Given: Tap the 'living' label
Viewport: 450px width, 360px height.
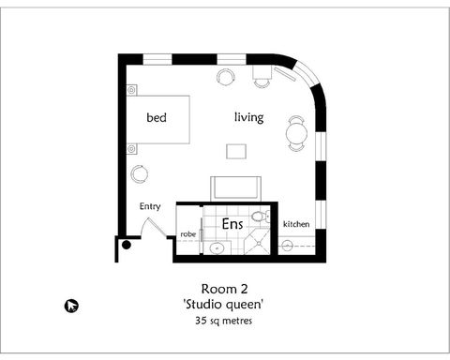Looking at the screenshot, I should [x=248, y=117].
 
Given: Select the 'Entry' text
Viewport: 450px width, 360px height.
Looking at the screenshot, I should [x=150, y=206].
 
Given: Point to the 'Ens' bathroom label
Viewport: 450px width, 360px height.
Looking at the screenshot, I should [x=232, y=225].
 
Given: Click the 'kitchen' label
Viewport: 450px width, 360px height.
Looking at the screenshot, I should [x=296, y=224].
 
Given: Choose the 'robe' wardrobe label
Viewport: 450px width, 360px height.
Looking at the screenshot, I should [x=187, y=234].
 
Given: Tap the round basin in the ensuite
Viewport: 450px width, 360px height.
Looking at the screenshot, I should [x=217, y=247].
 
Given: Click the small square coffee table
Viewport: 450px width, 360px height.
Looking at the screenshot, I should [x=235, y=151].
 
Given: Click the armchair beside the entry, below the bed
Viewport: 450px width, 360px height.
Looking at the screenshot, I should [x=140, y=173].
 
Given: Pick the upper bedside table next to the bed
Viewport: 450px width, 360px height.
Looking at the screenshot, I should [x=131, y=91].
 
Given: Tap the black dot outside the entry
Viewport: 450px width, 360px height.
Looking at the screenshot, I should [x=126, y=246].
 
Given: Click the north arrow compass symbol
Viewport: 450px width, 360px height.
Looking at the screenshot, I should [x=71, y=305].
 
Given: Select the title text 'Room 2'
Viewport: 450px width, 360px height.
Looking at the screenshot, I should [x=224, y=288].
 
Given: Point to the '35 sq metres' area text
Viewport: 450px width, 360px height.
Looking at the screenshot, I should [x=225, y=321].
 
